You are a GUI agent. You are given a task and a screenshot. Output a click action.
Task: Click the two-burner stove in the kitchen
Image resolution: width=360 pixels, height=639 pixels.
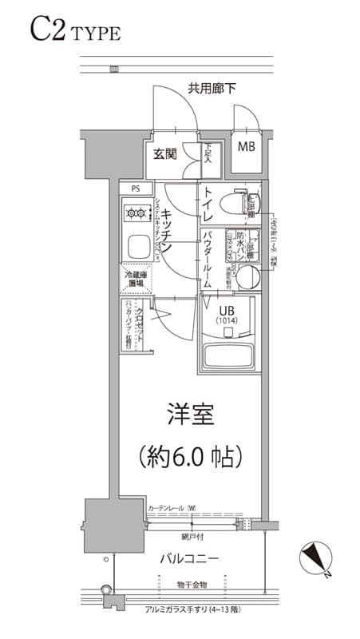pos(137,213)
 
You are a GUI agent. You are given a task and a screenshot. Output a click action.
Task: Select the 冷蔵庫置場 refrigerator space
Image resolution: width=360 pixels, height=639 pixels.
pos(135,279)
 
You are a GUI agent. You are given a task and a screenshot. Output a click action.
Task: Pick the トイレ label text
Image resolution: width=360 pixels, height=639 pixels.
pos(208,204)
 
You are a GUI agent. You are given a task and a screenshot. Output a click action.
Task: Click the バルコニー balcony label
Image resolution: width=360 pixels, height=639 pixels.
pos(189,557)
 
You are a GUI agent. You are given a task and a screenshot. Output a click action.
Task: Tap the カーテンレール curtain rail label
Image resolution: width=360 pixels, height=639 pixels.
pos(171,508)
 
